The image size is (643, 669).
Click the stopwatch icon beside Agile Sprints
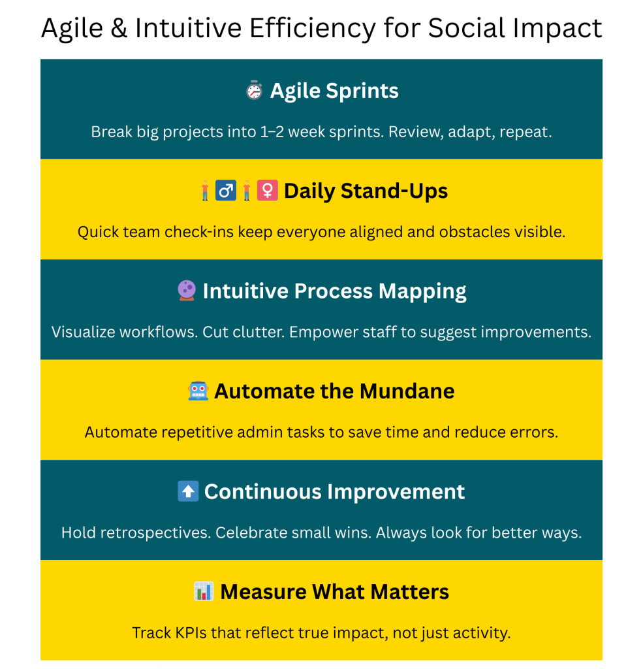click(x=254, y=90)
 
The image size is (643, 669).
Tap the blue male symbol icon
click(x=226, y=190)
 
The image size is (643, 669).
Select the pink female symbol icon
click(x=268, y=190)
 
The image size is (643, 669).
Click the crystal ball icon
click(x=187, y=291)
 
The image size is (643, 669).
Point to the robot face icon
click(x=198, y=391)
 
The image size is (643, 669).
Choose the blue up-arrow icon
click(x=188, y=491)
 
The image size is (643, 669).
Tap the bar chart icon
click(x=204, y=591)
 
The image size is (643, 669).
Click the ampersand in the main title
click(x=119, y=29)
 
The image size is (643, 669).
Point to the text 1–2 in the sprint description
click(x=272, y=132)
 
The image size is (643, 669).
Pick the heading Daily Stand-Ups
click(x=366, y=191)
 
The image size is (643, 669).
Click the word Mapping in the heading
click(x=422, y=292)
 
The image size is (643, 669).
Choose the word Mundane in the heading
click(x=407, y=391)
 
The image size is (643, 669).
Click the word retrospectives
click(x=155, y=533)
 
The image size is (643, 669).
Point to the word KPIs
click(x=191, y=632)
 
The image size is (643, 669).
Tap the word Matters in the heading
click(x=410, y=592)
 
